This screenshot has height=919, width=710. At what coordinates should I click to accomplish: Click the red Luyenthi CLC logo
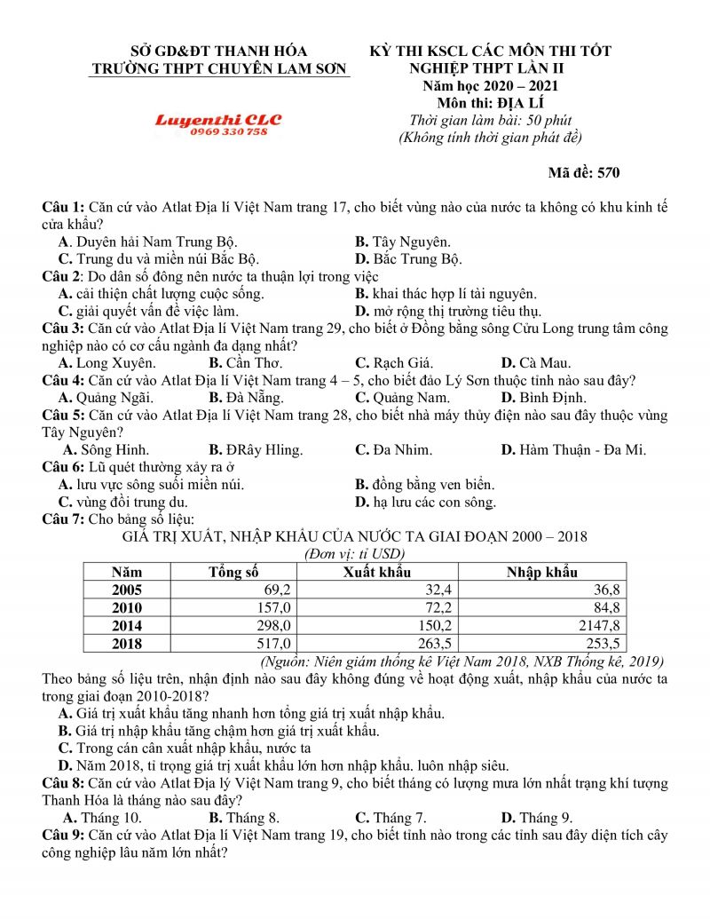click(x=217, y=120)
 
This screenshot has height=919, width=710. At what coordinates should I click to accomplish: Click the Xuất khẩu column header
click(x=376, y=572)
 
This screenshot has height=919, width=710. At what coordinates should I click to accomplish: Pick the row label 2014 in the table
click(x=127, y=625)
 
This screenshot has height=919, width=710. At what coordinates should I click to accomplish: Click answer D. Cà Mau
click(x=536, y=362)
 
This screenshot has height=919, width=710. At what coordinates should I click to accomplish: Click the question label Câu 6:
click(x=64, y=467)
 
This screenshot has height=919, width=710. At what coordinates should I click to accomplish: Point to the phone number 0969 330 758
click(x=228, y=131)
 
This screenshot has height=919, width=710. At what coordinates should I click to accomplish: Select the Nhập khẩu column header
click(x=541, y=572)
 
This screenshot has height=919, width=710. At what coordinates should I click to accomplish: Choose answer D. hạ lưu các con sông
click(x=425, y=503)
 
